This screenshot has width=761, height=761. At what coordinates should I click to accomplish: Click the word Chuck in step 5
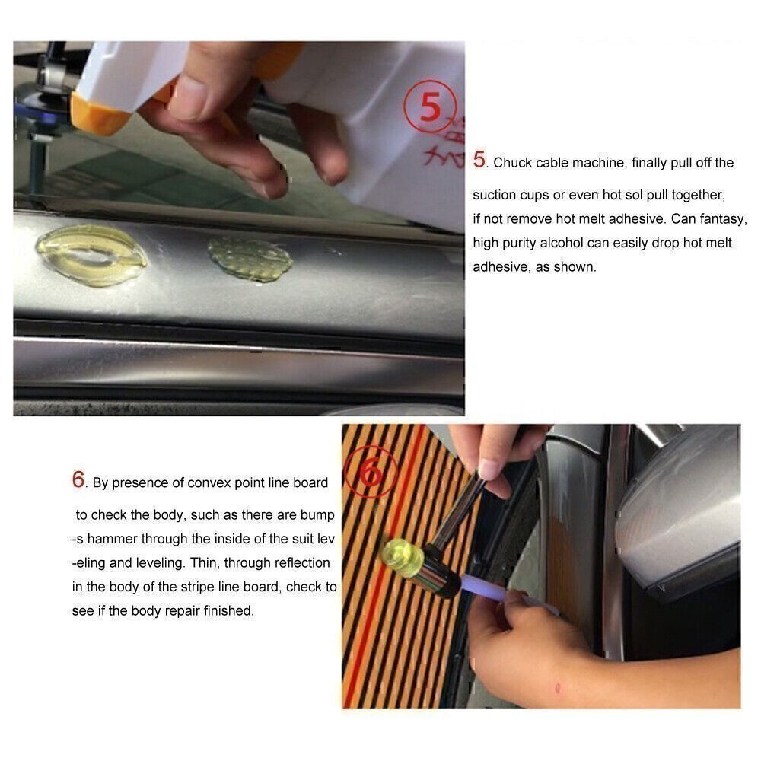pyautogui.click(x=514, y=163)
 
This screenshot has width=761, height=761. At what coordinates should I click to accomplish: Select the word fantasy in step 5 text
pyautogui.click(x=721, y=219)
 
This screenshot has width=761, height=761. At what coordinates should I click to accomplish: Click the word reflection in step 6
pyautogui.click(x=293, y=563)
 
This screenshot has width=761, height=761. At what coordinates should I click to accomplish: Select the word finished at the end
pyautogui.click(x=228, y=611)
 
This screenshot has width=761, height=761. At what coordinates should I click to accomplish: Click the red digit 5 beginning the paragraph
pyautogui.click(x=479, y=160)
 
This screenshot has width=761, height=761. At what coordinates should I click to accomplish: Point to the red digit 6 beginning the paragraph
pyautogui.click(x=78, y=479)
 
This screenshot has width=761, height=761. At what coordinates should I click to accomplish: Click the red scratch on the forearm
pyautogui.click(x=560, y=689)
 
